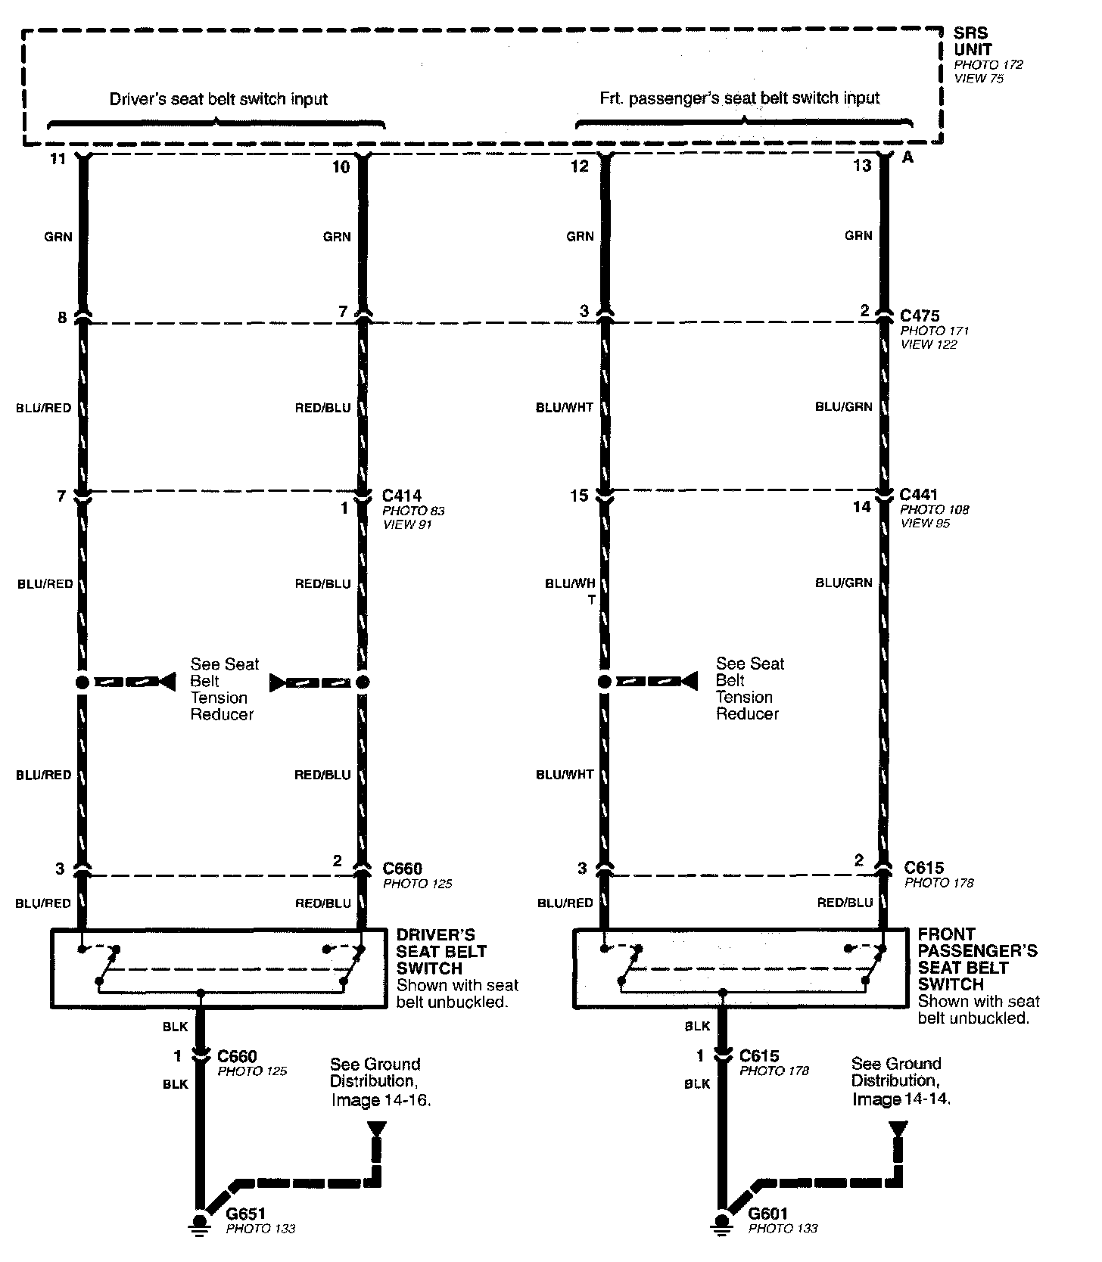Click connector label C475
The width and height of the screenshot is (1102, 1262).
click(x=920, y=315)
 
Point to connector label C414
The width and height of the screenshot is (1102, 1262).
click(x=401, y=496)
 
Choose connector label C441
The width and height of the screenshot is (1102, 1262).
click(x=920, y=495)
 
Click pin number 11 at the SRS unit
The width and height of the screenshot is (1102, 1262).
click(x=58, y=160)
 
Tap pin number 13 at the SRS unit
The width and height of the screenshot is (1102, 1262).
click(x=862, y=165)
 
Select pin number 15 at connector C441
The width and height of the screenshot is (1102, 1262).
click(x=579, y=496)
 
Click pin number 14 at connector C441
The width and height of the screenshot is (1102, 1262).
click(x=862, y=506)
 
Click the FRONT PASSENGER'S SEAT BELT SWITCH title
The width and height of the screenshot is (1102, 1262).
click(x=977, y=959)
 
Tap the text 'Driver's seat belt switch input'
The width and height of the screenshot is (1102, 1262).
click(x=218, y=99)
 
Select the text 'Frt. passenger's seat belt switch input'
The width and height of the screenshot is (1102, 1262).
click(x=739, y=98)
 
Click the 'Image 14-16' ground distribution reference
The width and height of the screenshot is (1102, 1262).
click(x=381, y=1099)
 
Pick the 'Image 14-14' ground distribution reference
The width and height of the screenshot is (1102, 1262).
click(x=901, y=1099)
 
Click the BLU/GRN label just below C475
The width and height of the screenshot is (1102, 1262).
click(x=843, y=406)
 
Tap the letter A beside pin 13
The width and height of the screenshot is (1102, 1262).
click(x=908, y=158)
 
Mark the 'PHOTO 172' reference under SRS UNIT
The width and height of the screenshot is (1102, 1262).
click(x=988, y=65)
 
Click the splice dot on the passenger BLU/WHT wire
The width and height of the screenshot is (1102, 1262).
click(x=604, y=682)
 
